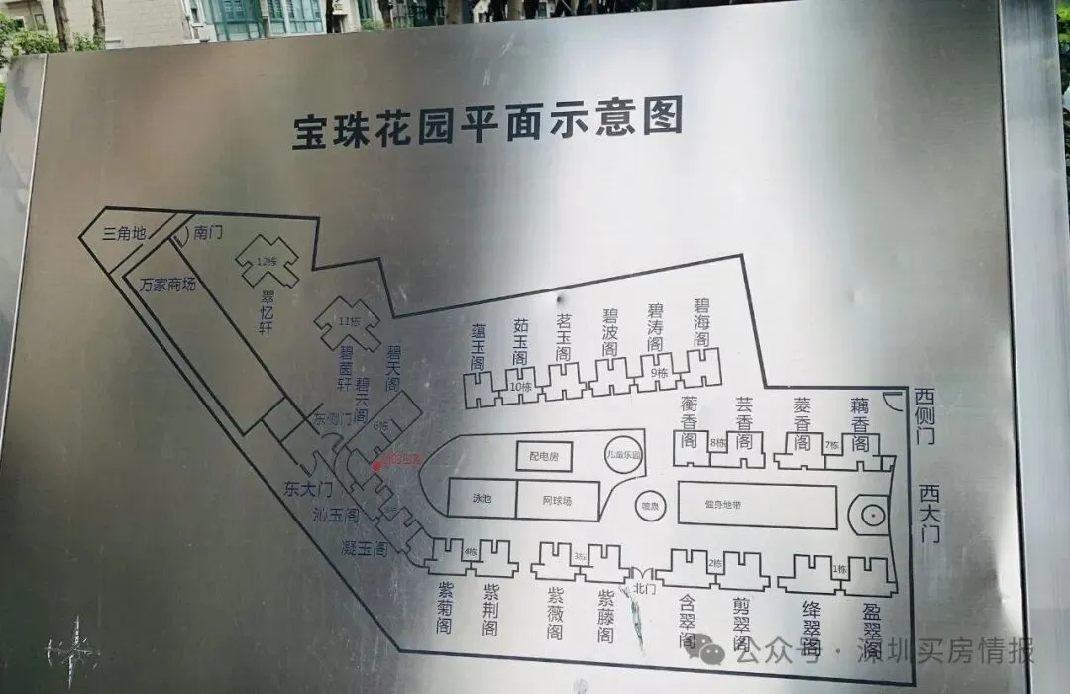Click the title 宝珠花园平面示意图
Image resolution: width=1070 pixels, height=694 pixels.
487,125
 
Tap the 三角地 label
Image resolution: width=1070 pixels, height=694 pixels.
125,234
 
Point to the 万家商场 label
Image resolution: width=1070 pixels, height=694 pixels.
167,285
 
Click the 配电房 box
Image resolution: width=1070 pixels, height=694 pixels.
544,456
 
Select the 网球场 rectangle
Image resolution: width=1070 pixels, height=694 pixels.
557,500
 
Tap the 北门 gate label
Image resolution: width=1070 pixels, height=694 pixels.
644,587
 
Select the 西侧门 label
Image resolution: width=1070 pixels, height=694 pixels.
925,413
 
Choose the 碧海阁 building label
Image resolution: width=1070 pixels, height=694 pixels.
701,321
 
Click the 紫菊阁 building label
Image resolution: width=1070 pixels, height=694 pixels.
445,607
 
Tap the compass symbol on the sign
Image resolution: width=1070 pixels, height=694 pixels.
75,650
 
